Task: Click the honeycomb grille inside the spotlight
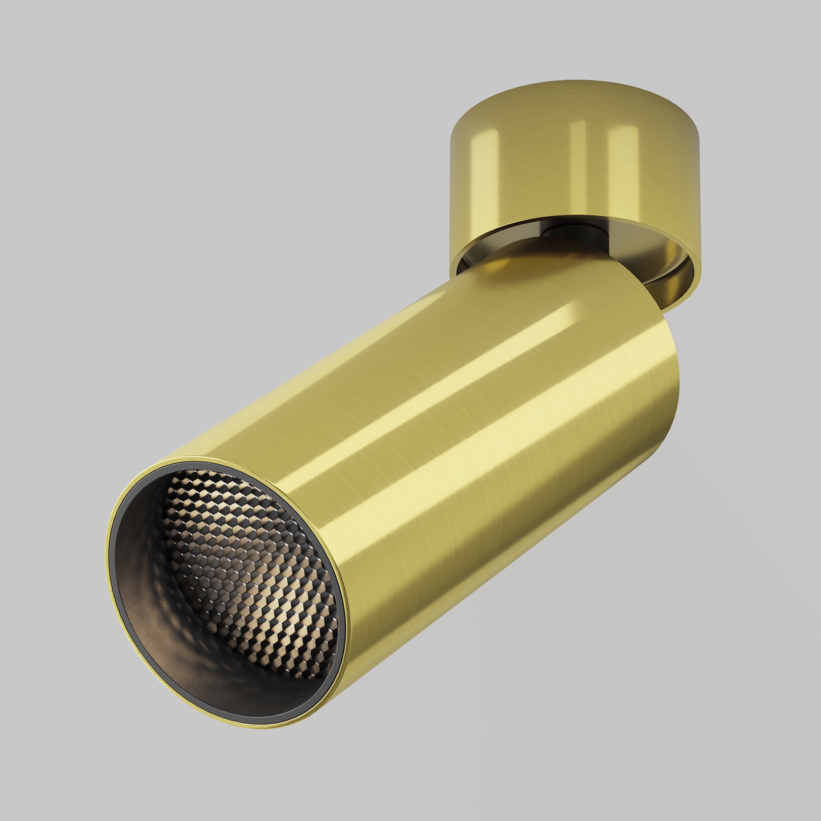(x=251, y=565)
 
